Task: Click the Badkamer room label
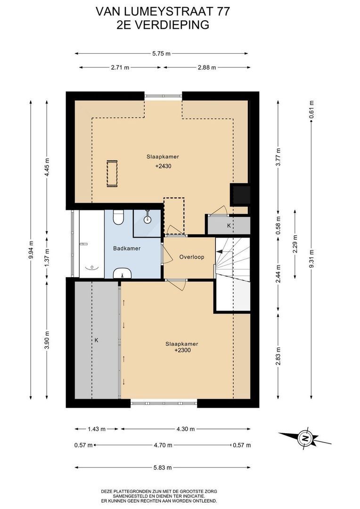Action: [x=127, y=248]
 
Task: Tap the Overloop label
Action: [x=191, y=257]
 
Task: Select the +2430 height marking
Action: [x=163, y=166]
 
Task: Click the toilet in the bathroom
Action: [x=118, y=217]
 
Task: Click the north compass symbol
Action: [x=305, y=438]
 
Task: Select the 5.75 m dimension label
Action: [x=161, y=54]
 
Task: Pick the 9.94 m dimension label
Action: [x=31, y=250]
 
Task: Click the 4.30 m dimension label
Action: [x=186, y=429]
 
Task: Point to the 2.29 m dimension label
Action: [x=295, y=243]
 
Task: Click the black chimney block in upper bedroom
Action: [x=240, y=195]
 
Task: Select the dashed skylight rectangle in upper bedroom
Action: [x=112, y=173]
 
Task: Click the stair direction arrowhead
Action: [x=219, y=251]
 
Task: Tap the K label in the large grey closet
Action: [x=97, y=340]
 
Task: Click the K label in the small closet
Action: [x=229, y=225]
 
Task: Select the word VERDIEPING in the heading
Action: [x=172, y=25]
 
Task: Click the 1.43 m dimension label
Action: [x=97, y=429]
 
